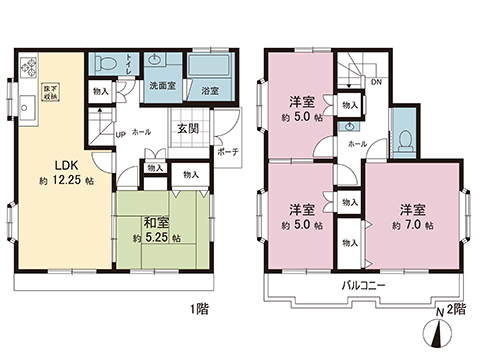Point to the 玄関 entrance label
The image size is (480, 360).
[x=190, y=128]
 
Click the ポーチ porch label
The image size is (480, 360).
[x=226, y=154]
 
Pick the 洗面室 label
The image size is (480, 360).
[x=162, y=87]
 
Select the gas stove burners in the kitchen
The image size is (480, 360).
[x=27, y=70]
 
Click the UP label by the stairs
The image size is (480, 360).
[x=120, y=133]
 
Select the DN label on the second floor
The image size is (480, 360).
[x=376, y=82]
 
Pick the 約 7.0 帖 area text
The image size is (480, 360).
[x=413, y=227]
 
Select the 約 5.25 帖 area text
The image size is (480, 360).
[x=155, y=239]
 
